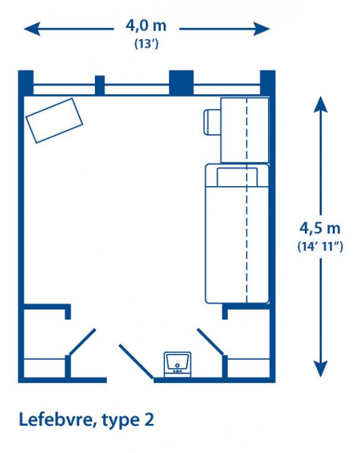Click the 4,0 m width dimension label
(146, 25)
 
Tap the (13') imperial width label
(146, 44)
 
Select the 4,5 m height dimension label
(320, 228)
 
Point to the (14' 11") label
(320, 246)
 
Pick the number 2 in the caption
(149, 419)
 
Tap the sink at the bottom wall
(178, 364)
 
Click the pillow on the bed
(237, 177)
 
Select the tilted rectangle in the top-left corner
(55, 120)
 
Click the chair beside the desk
(212, 122)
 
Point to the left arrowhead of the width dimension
(32, 29)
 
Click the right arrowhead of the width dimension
(262, 29)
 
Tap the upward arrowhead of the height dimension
(321, 104)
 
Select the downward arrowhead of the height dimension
(321, 369)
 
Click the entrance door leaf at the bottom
(137, 361)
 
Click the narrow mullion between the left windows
(100, 86)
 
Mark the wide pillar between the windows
(181, 83)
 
